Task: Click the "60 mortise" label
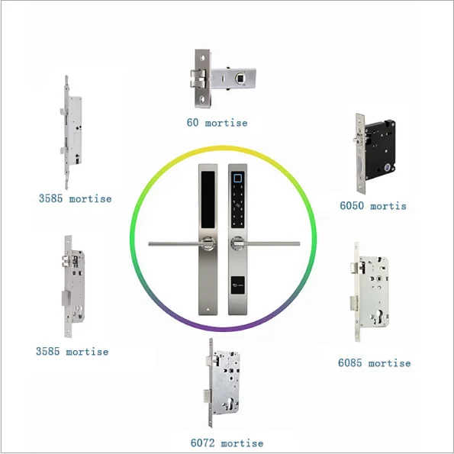217,122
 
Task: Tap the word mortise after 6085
389,362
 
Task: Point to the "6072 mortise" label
227,443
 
